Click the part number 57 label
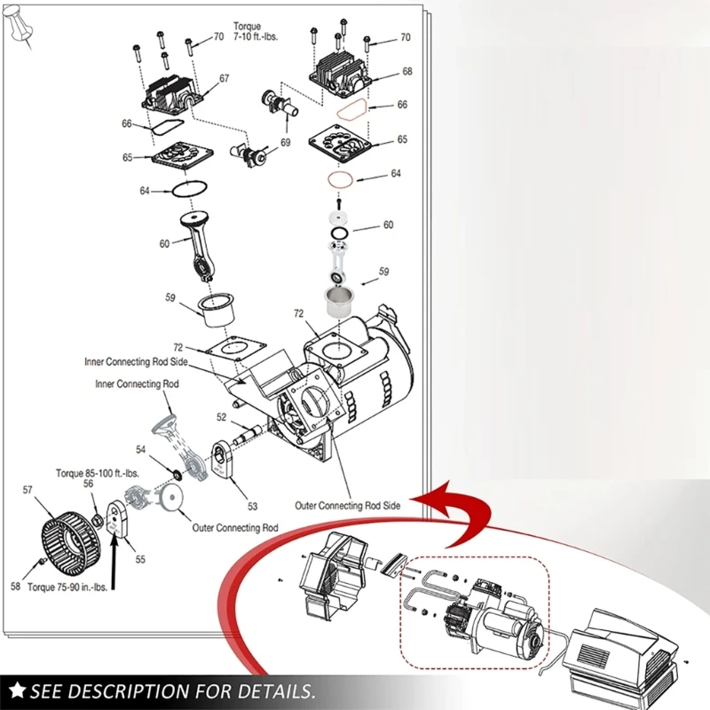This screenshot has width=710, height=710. coord(28,490)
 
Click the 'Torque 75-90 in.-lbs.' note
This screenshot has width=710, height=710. coord(67,588)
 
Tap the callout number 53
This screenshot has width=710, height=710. coord(252,507)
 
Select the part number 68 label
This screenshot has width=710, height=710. coord(407,71)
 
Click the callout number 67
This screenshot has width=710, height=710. coord(225,78)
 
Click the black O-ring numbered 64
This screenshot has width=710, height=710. coord(188,189)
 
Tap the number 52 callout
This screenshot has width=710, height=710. coord(222,417)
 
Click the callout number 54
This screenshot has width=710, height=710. coord(140,450)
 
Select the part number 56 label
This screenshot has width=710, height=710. coord(88,484)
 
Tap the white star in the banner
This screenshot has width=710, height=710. coord(17,690)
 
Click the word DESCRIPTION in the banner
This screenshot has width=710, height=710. coord(142,690)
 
